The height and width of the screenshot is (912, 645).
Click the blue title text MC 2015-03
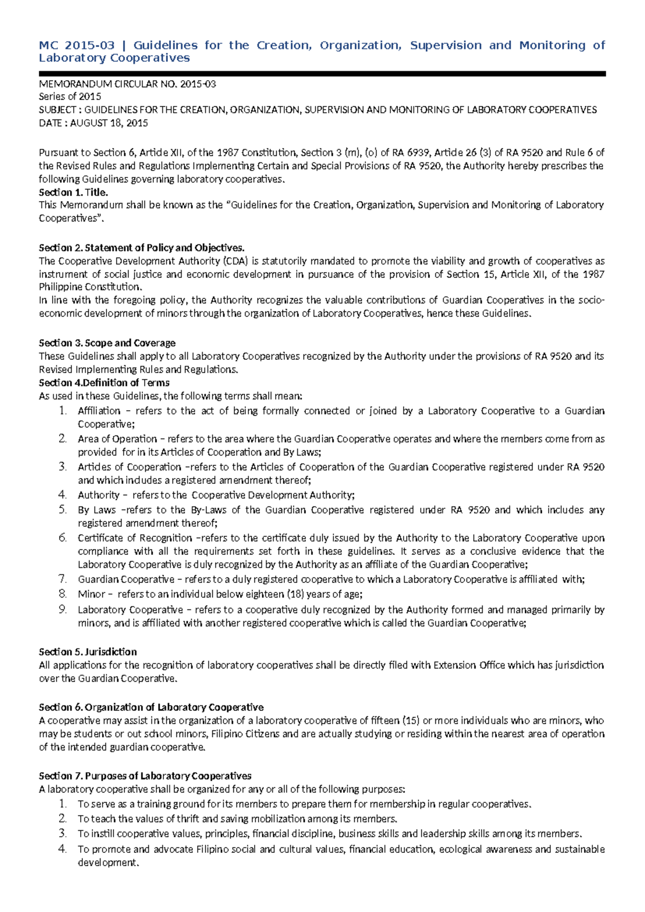[x=76, y=46]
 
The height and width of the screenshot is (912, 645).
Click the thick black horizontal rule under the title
[x=322, y=74]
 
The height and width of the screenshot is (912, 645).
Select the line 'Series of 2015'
[x=70, y=97]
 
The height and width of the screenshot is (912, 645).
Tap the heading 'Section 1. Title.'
[x=74, y=192]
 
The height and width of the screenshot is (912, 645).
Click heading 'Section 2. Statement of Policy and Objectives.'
[x=141, y=248]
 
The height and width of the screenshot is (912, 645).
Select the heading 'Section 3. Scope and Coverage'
[x=107, y=343]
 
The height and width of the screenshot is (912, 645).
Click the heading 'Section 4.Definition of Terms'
[x=104, y=383]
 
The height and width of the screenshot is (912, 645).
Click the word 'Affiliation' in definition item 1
[x=99, y=411]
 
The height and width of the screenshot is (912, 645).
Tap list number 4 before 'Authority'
[x=63, y=495]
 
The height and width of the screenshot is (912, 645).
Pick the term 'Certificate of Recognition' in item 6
[x=134, y=538]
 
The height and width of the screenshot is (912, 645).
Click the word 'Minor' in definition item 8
[x=91, y=594]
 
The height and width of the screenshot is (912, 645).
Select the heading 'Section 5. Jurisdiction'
[x=88, y=652]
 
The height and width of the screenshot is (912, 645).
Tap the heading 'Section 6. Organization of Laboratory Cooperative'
[x=151, y=707]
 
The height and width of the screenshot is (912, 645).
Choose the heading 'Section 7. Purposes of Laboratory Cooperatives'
[x=145, y=776]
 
